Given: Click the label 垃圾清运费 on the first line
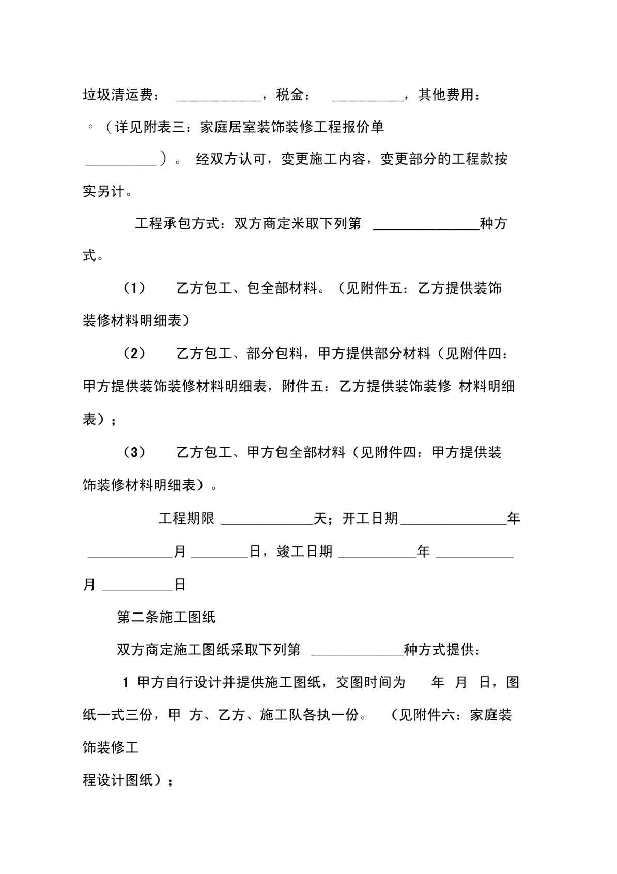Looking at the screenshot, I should pyautogui.click(x=118, y=95).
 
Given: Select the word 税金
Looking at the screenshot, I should pyautogui.click(x=289, y=95).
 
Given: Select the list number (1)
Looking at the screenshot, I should pyautogui.click(x=134, y=288).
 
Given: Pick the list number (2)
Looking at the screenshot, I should pyautogui.click(x=134, y=354).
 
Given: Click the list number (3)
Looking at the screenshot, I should pyautogui.click(x=134, y=452).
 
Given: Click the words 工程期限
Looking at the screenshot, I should pyautogui.click(x=186, y=518).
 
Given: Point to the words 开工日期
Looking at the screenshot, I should pyautogui.click(x=370, y=518).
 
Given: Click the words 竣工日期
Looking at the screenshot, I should pyautogui.click(x=304, y=551).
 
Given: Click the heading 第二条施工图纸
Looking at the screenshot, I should pyautogui.click(x=166, y=617).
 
